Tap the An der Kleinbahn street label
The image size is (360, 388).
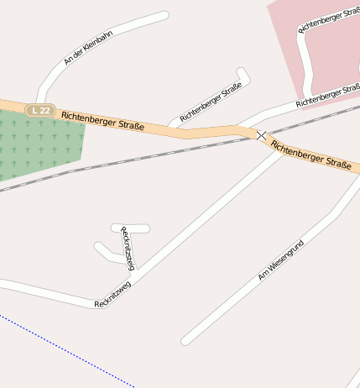(x=87, y=48)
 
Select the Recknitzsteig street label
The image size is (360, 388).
(x=127, y=248)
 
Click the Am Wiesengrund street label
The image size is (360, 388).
(x=280, y=260)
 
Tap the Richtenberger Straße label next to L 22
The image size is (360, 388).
(x=102, y=121)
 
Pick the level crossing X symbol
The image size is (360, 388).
(x=262, y=135)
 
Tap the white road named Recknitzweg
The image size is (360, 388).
(x=201, y=218)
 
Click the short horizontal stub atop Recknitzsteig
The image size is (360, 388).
(x=131, y=228)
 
